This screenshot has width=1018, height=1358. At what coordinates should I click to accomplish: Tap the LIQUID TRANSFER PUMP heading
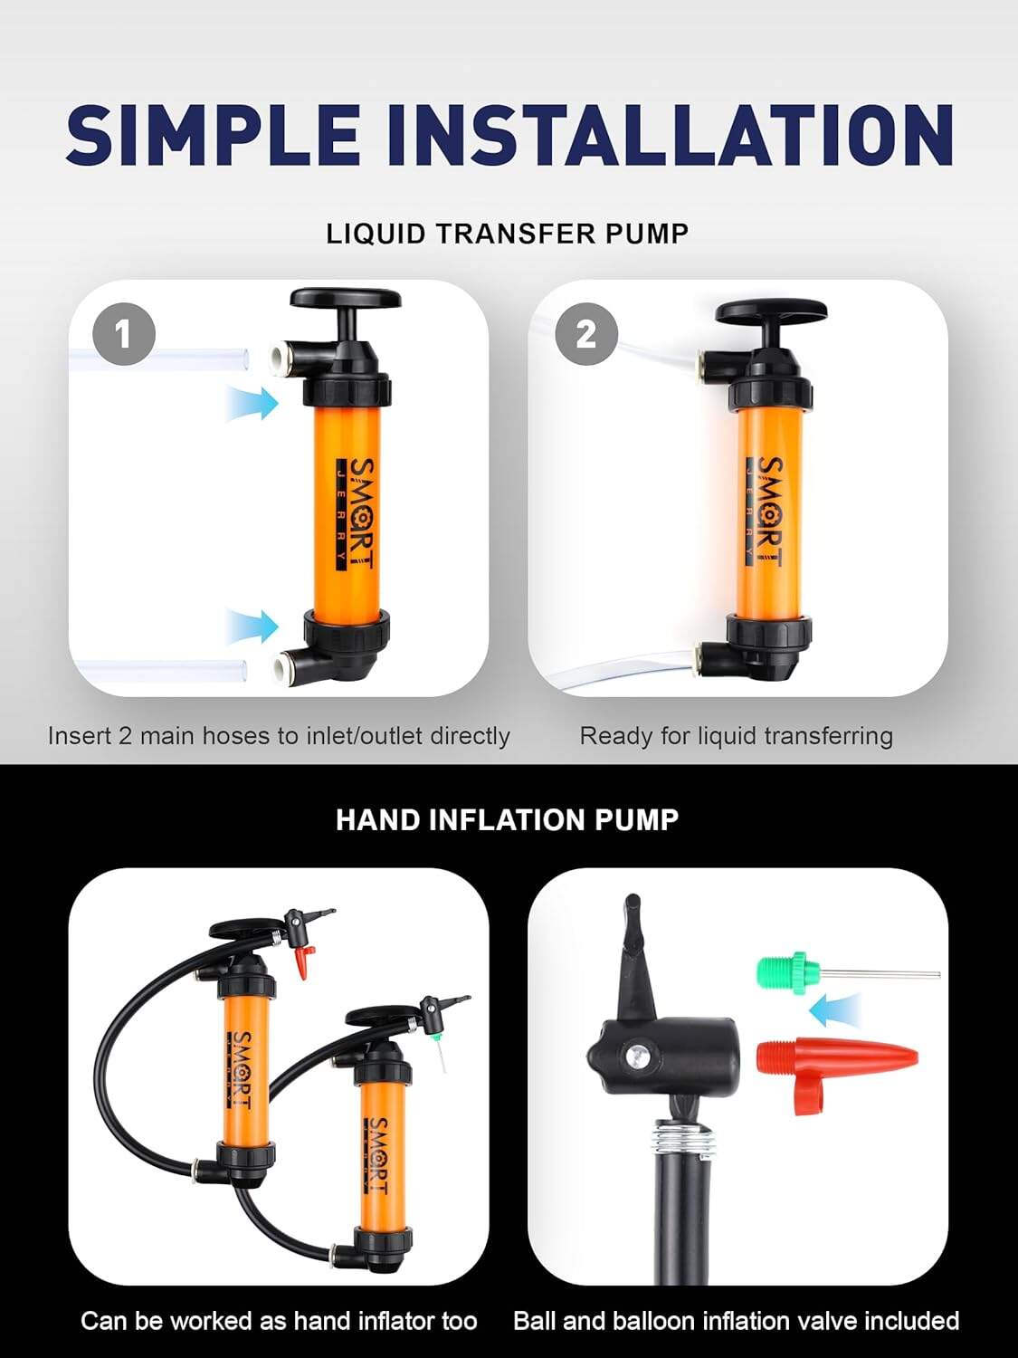pos(508,234)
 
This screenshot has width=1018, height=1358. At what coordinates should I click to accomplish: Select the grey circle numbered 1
pos(123,335)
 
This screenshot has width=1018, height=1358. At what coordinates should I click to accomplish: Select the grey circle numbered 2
pos(586,335)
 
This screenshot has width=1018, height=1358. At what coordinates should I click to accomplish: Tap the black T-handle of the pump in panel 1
pos(346,301)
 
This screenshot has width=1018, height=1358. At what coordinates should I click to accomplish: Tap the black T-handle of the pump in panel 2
pos(770,313)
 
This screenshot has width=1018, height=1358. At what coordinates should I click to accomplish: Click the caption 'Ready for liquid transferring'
pos(736,736)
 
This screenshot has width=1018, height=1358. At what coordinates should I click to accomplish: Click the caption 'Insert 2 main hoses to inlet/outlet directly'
pos(279,736)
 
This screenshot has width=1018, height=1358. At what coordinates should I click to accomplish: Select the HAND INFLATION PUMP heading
pos(507,820)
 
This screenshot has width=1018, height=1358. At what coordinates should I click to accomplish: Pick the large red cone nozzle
pos(832,1057)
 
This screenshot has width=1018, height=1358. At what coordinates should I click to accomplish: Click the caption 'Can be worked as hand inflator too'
pos(279,1321)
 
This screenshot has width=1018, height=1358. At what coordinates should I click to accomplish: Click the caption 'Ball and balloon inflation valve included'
pos(736,1321)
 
